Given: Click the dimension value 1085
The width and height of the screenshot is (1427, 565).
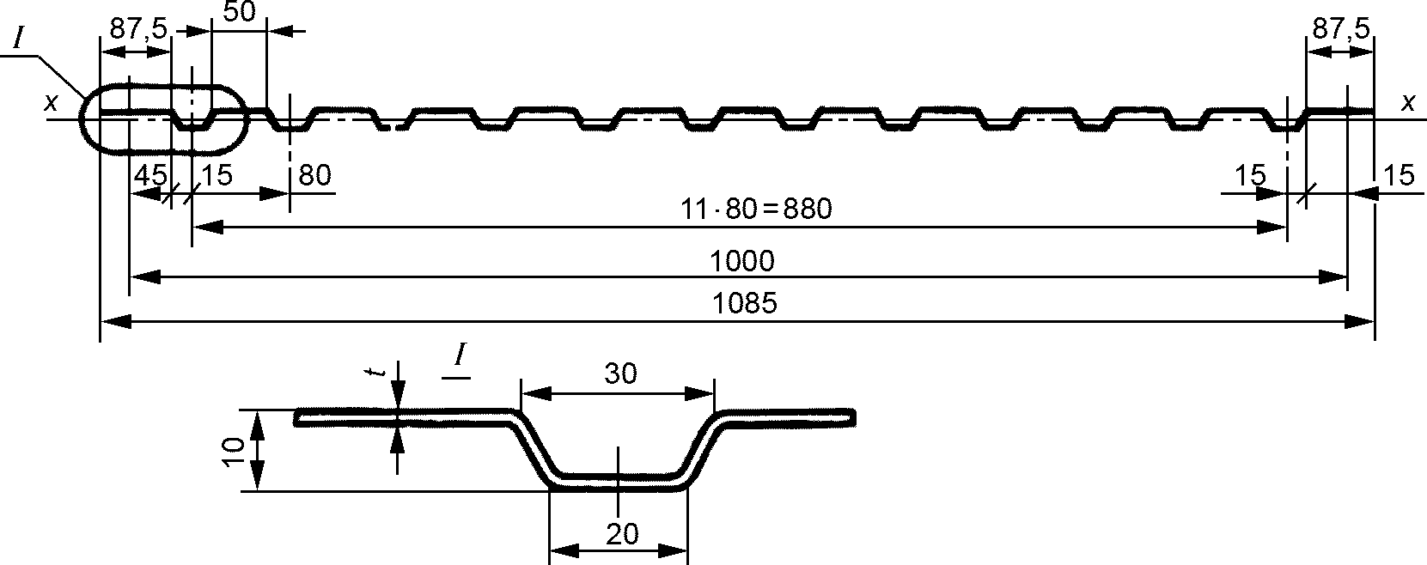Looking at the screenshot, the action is [744, 304].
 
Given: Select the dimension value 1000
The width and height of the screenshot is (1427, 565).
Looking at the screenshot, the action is [742, 261].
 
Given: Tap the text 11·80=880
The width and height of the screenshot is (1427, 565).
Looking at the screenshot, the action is [756, 209].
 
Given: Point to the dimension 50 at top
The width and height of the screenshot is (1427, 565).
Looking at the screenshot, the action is [240, 11].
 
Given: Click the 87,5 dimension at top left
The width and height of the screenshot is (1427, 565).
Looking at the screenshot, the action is [138, 28].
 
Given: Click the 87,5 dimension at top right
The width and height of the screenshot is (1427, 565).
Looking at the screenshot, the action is [1341, 28].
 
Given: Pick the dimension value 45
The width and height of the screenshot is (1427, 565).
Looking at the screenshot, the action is [150, 175].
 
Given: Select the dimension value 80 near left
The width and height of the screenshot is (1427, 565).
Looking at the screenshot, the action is [314, 175].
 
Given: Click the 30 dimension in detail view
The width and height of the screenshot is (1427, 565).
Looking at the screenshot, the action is [620, 374].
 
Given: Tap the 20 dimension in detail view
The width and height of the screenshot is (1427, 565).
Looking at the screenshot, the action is [622, 534].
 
